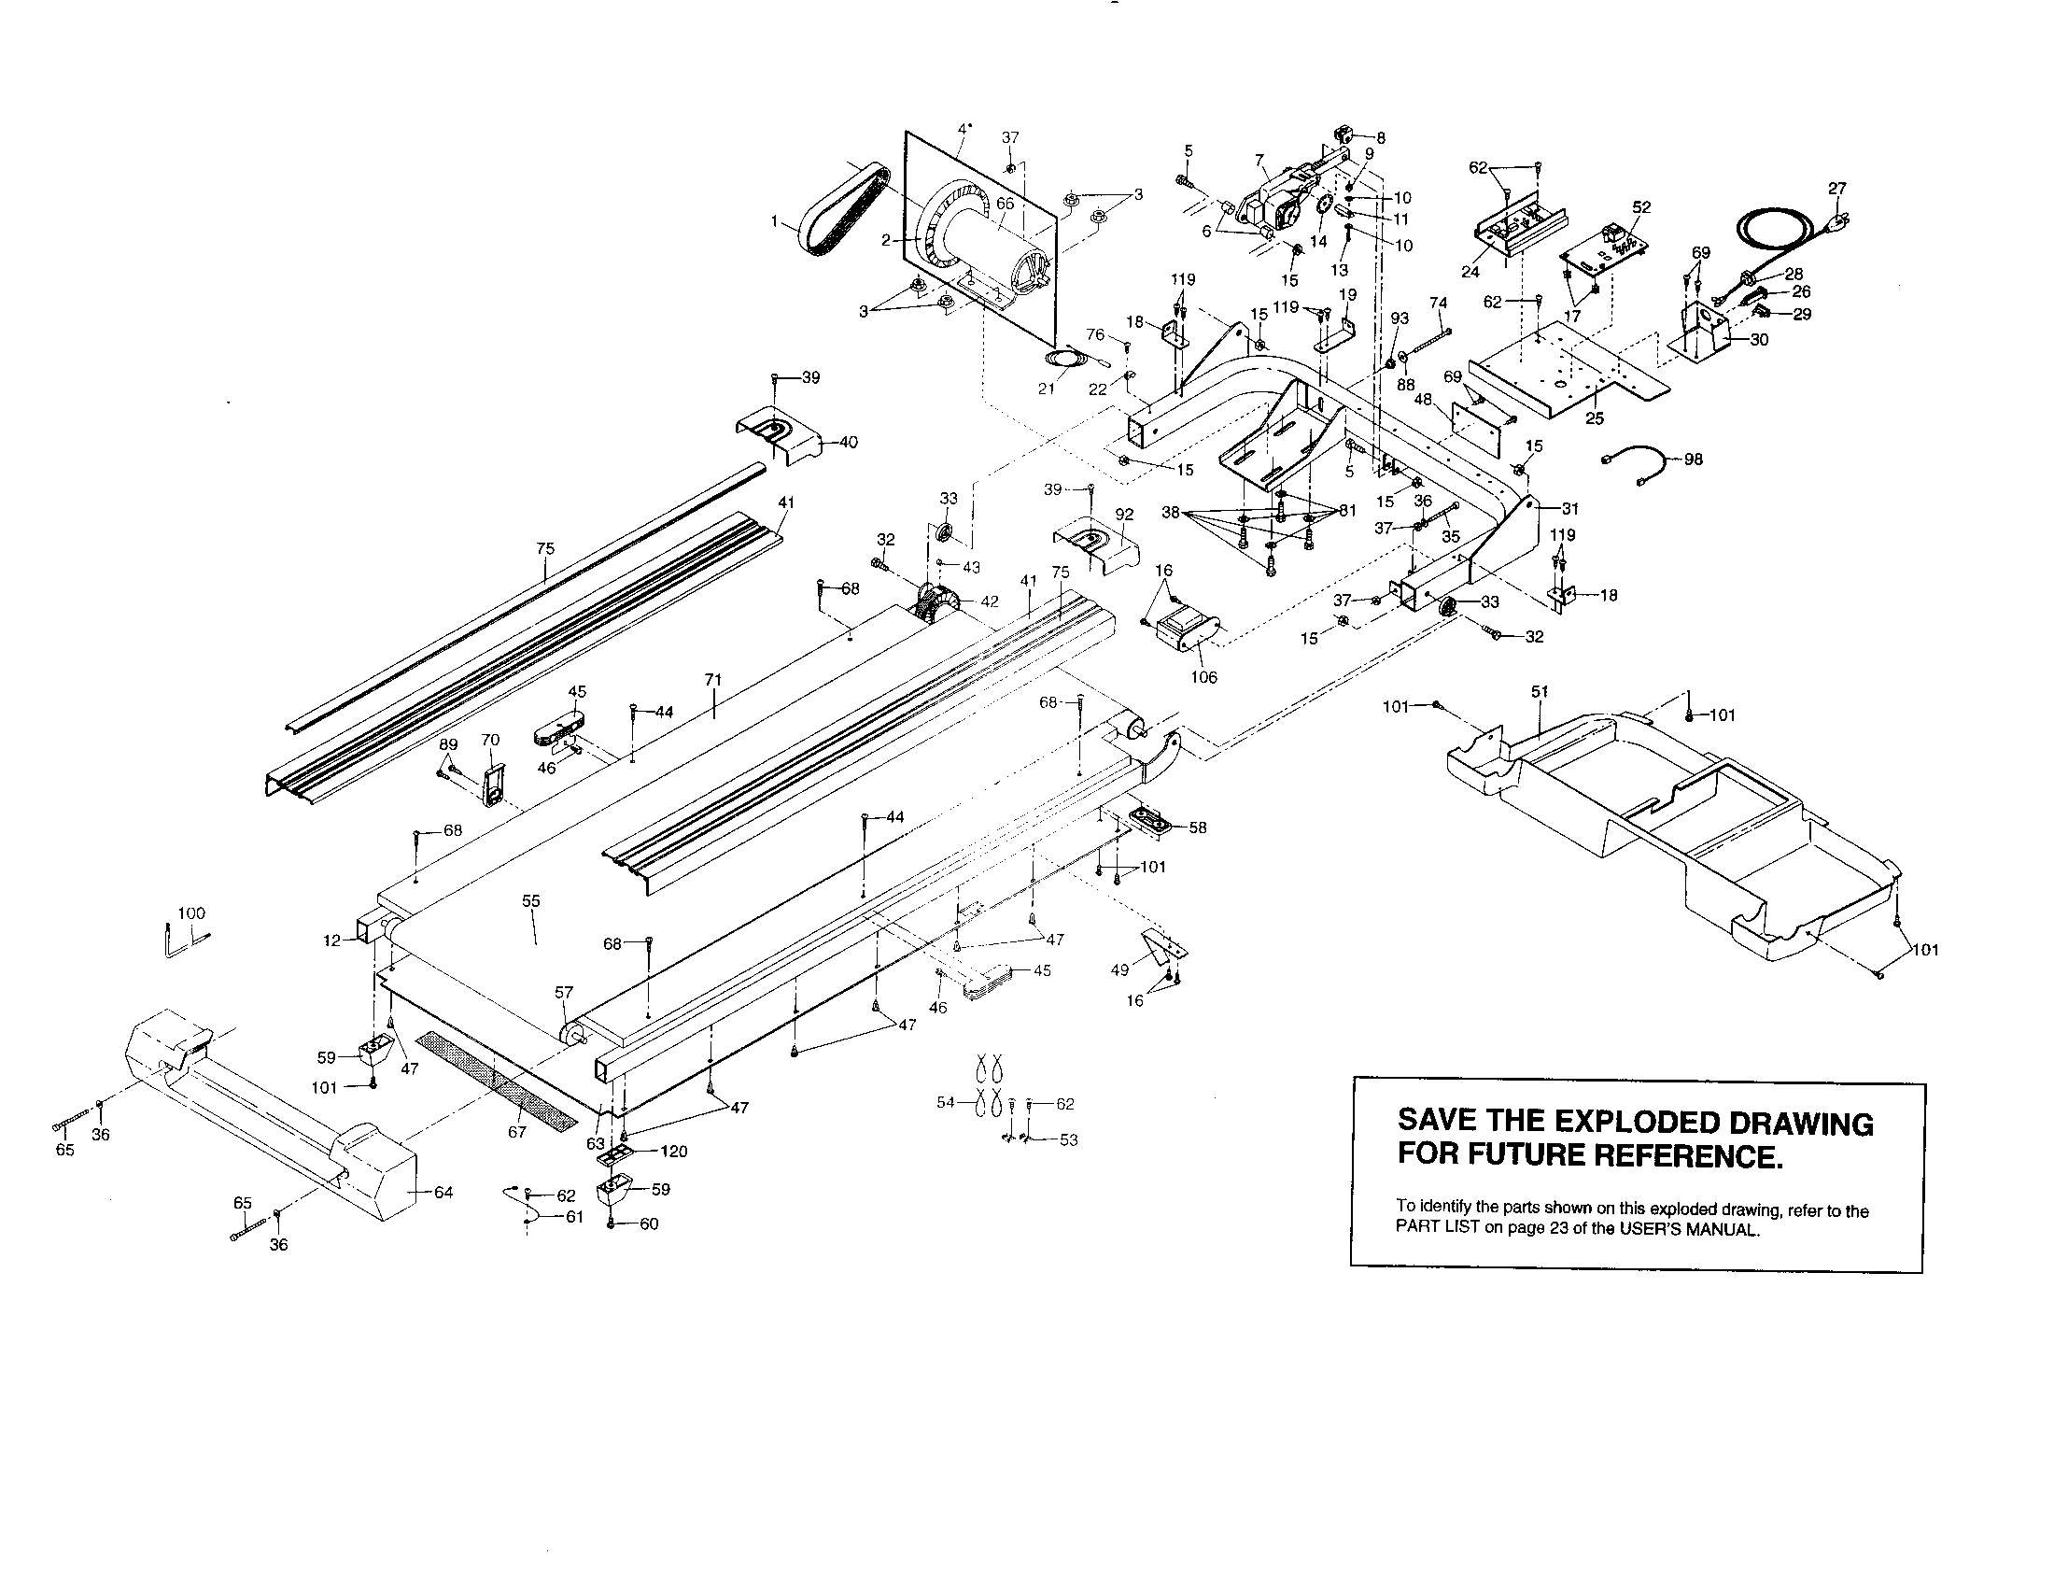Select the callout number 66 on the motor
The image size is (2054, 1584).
(x=1005, y=204)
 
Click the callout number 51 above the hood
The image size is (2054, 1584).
(x=1539, y=691)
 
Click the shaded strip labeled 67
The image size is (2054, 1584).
(x=497, y=1080)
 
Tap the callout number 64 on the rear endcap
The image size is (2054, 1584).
(x=443, y=1193)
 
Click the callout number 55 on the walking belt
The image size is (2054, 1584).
(x=531, y=901)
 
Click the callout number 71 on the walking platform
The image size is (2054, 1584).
(x=714, y=680)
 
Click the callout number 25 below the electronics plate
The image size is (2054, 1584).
(x=1594, y=418)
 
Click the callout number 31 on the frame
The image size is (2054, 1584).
(x=1569, y=509)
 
